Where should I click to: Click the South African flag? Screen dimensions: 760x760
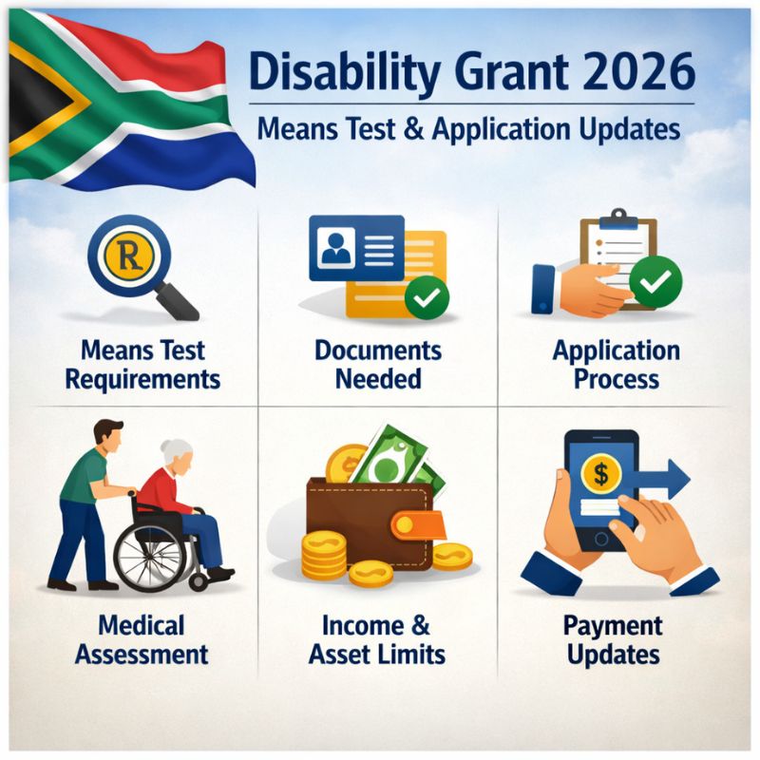[123, 104]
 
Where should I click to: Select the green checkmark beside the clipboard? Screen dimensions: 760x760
[655, 282]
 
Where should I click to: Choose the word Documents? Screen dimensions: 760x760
[378, 351]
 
